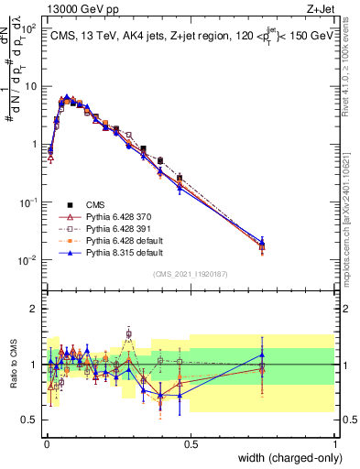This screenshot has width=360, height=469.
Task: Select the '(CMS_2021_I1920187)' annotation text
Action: (x=190, y=274)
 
